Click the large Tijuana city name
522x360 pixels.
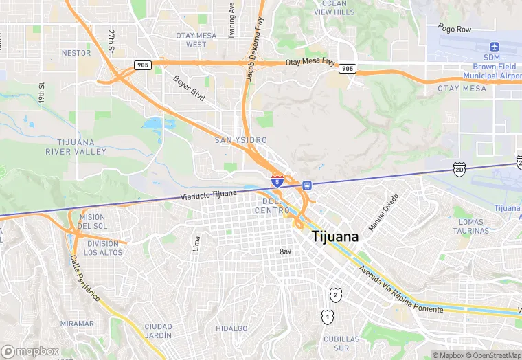pos(335,236)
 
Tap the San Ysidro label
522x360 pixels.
pos(240,140)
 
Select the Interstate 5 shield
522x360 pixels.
pos(277,181)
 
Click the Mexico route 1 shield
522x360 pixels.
pos(328,316)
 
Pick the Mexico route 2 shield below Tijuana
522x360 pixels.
pos(335,295)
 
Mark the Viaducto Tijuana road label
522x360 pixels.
pos(208,196)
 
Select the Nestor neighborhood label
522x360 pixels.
pos(76,52)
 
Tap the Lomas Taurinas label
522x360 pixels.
pos(471,227)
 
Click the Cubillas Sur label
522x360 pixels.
pos(341,344)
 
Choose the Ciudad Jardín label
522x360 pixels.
pos(158,330)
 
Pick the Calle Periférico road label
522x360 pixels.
pos(84,278)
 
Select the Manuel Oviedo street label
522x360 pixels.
pos(383,212)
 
